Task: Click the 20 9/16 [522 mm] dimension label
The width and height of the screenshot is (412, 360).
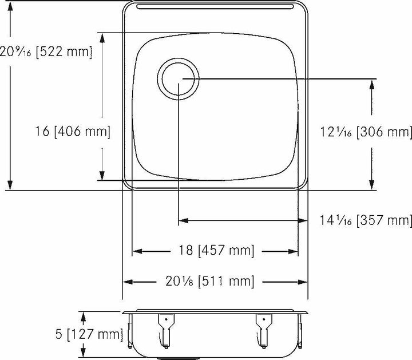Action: [46, 52]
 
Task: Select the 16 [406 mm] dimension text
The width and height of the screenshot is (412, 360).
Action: [72, 132]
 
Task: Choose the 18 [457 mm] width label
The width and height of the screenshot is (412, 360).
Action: [215, 251]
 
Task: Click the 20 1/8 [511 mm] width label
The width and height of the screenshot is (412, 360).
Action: [215, 281]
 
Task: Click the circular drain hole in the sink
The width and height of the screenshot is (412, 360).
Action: [179, 78]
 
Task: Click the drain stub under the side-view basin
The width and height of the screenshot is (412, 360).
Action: [179, 357]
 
